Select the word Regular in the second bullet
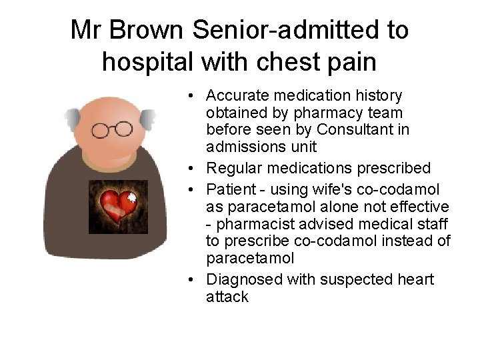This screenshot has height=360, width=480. pos(231,167)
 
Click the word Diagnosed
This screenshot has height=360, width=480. pos(241,279)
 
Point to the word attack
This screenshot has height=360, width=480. pos(227,297)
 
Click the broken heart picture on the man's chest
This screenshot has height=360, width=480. pos(118,207)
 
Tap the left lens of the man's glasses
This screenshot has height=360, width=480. pos(101,131)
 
